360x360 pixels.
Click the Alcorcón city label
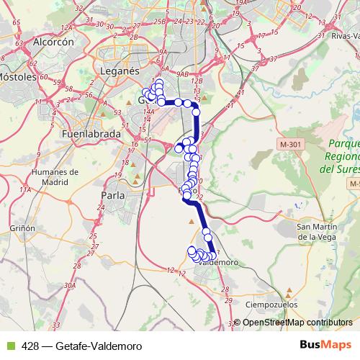point(54,42)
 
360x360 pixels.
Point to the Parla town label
point(114,194)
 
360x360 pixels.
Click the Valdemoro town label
point(217,263)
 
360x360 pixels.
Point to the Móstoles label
point(16,75)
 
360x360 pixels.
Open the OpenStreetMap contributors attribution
point(297,322)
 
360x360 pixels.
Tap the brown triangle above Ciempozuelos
point(289,292)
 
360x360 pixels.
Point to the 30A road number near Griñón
point(70,286)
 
